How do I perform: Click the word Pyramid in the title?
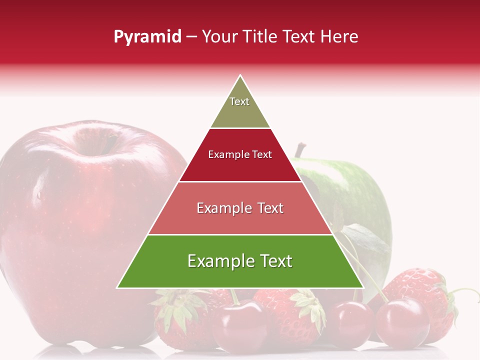tap(147, 37)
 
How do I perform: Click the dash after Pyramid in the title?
tap(191, 37)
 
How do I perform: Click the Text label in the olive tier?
tap(239, 101)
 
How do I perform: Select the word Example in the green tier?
tap(219, 261)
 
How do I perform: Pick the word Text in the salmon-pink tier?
tap(267, 208)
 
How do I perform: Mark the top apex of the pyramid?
tap(240, 76)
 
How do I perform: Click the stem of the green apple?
tap(300, 149)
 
